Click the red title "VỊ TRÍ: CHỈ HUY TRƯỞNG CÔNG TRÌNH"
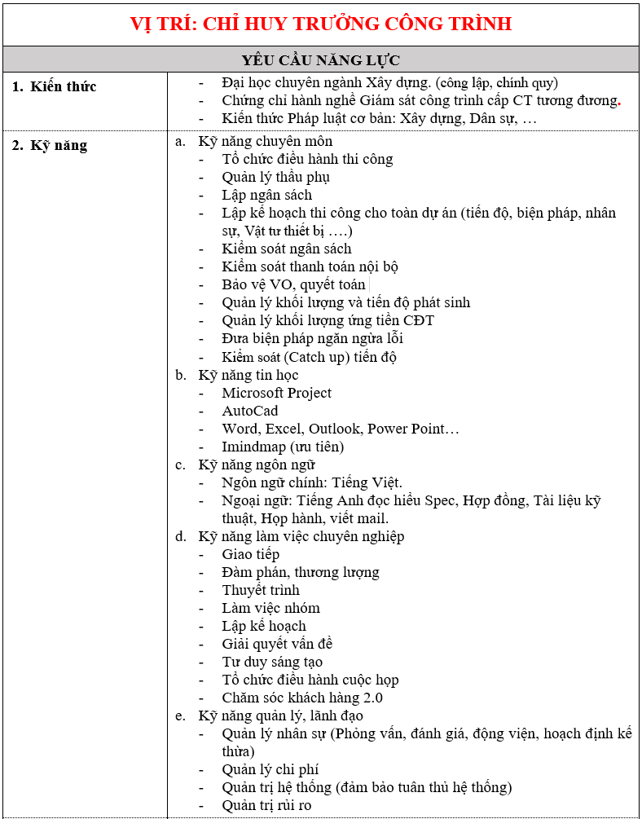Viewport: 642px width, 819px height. (x=321, y=24)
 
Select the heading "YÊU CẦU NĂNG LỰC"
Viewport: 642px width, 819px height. (x=321, y=60)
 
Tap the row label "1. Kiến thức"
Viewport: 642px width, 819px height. (x=55, y=86)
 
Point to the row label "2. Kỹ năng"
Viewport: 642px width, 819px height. (x=50, y=147)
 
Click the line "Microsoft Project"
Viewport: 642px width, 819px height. (x=277, y=393)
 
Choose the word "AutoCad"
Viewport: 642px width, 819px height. (x=250, y=411)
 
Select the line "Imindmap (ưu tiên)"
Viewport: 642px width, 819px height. (x=283, y=447)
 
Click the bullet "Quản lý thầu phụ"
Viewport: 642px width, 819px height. (x=275, y=177)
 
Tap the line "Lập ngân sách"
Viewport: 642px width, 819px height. (x=266, y=195)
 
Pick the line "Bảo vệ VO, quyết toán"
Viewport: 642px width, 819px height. (x=293, y=284)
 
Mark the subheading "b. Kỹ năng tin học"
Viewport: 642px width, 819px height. (x=248, y=375)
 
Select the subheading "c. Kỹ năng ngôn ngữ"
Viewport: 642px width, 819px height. (x=256, y=465)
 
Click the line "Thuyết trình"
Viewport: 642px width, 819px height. (x=261, y=590)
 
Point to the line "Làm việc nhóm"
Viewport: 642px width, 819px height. (x=270, y=608)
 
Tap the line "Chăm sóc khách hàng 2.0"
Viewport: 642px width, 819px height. (x=302, y=698)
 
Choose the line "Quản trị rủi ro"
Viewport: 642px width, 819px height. (x=266, y=805)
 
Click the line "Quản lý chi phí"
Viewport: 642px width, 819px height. (x=270, y=769)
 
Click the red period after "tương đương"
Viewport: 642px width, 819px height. (x=619, y=103)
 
